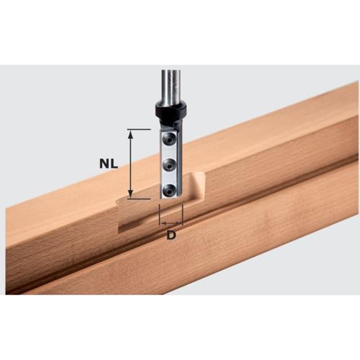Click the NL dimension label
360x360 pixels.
[108, 164]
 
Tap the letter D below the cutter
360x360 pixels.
[171, 235]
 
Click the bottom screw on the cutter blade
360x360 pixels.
[169, 190]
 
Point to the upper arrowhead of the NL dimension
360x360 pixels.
[130, 134]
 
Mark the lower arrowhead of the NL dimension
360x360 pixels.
[130, 194]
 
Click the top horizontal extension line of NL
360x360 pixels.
[139, 130]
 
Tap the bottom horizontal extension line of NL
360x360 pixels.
[139, 199]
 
